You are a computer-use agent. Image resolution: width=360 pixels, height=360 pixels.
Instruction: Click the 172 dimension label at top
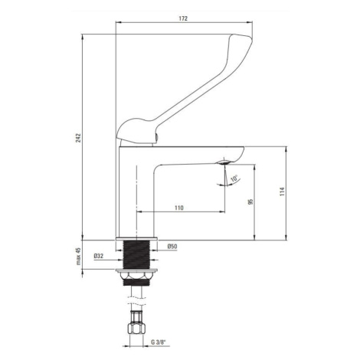point(183,18)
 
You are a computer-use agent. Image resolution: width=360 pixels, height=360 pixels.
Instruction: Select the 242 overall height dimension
point(78,138)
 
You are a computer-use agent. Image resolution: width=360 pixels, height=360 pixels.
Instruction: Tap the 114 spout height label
point(282,191)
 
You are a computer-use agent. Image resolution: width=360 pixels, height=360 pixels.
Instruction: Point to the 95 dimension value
point(250,201)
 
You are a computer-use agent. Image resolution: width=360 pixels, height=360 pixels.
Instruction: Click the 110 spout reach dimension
point(179,208)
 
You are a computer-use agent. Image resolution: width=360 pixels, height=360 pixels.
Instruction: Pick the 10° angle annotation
point(234,178)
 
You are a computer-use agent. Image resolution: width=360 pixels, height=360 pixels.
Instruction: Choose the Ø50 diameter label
point(172,247)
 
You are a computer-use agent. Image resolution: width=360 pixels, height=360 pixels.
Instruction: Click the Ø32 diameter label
point(99,256)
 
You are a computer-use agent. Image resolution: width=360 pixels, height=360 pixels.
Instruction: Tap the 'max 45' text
point(78,256)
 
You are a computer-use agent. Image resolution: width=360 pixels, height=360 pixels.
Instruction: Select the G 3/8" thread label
point(159,342)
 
